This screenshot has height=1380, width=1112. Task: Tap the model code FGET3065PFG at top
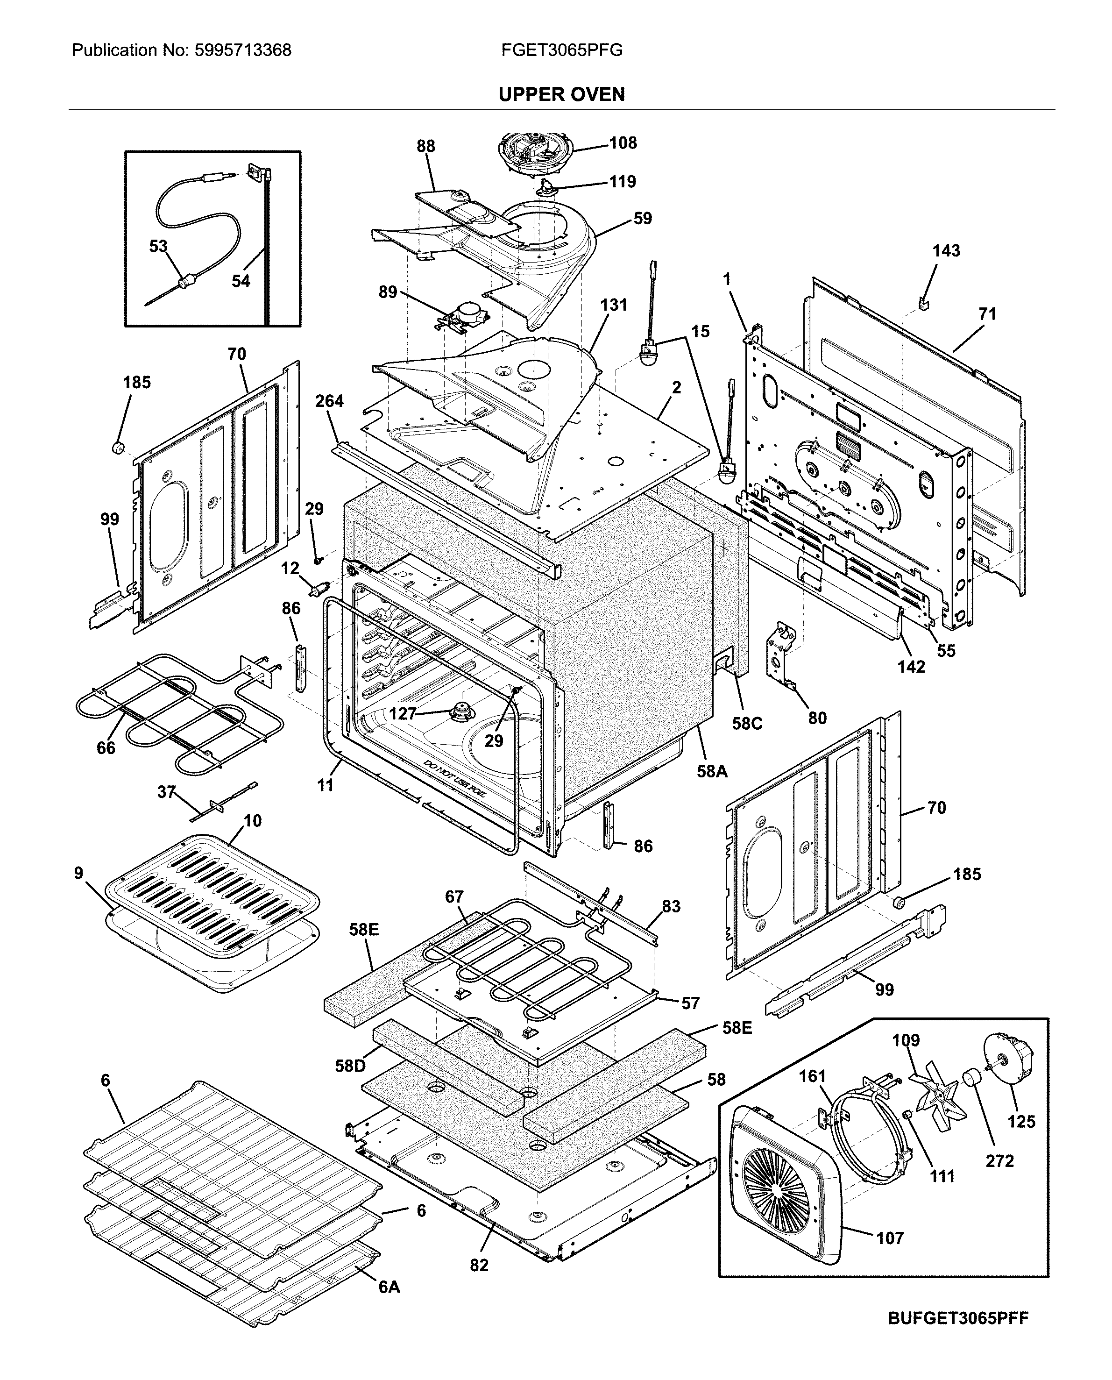click(562, 50)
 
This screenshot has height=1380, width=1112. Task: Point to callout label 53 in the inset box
click(158, 246)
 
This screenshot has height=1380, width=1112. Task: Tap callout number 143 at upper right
click(946, 250)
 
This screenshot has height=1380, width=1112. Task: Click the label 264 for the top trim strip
click(329, 401)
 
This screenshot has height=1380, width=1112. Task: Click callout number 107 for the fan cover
click(890, 1238)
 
